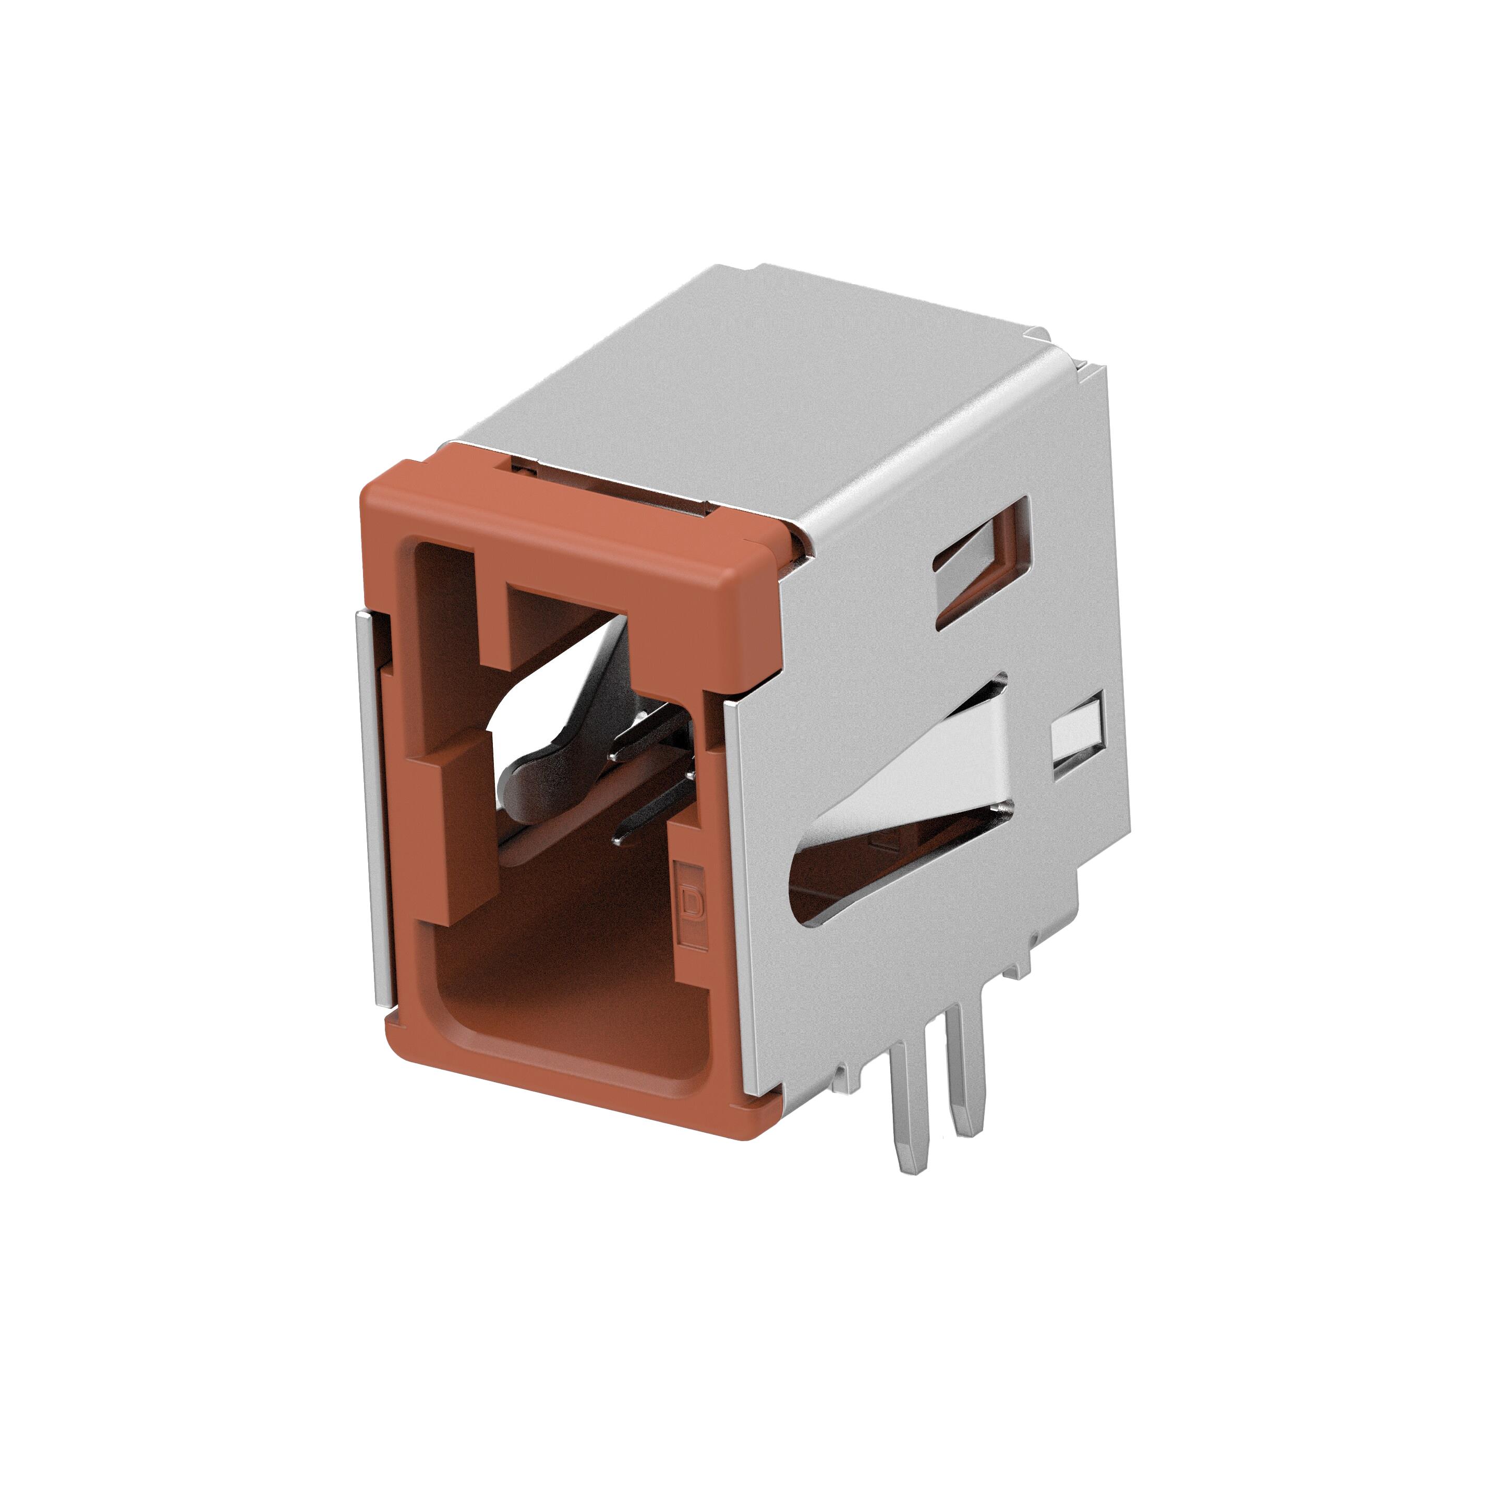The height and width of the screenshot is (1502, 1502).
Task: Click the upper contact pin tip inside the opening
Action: tap(622, 753)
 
